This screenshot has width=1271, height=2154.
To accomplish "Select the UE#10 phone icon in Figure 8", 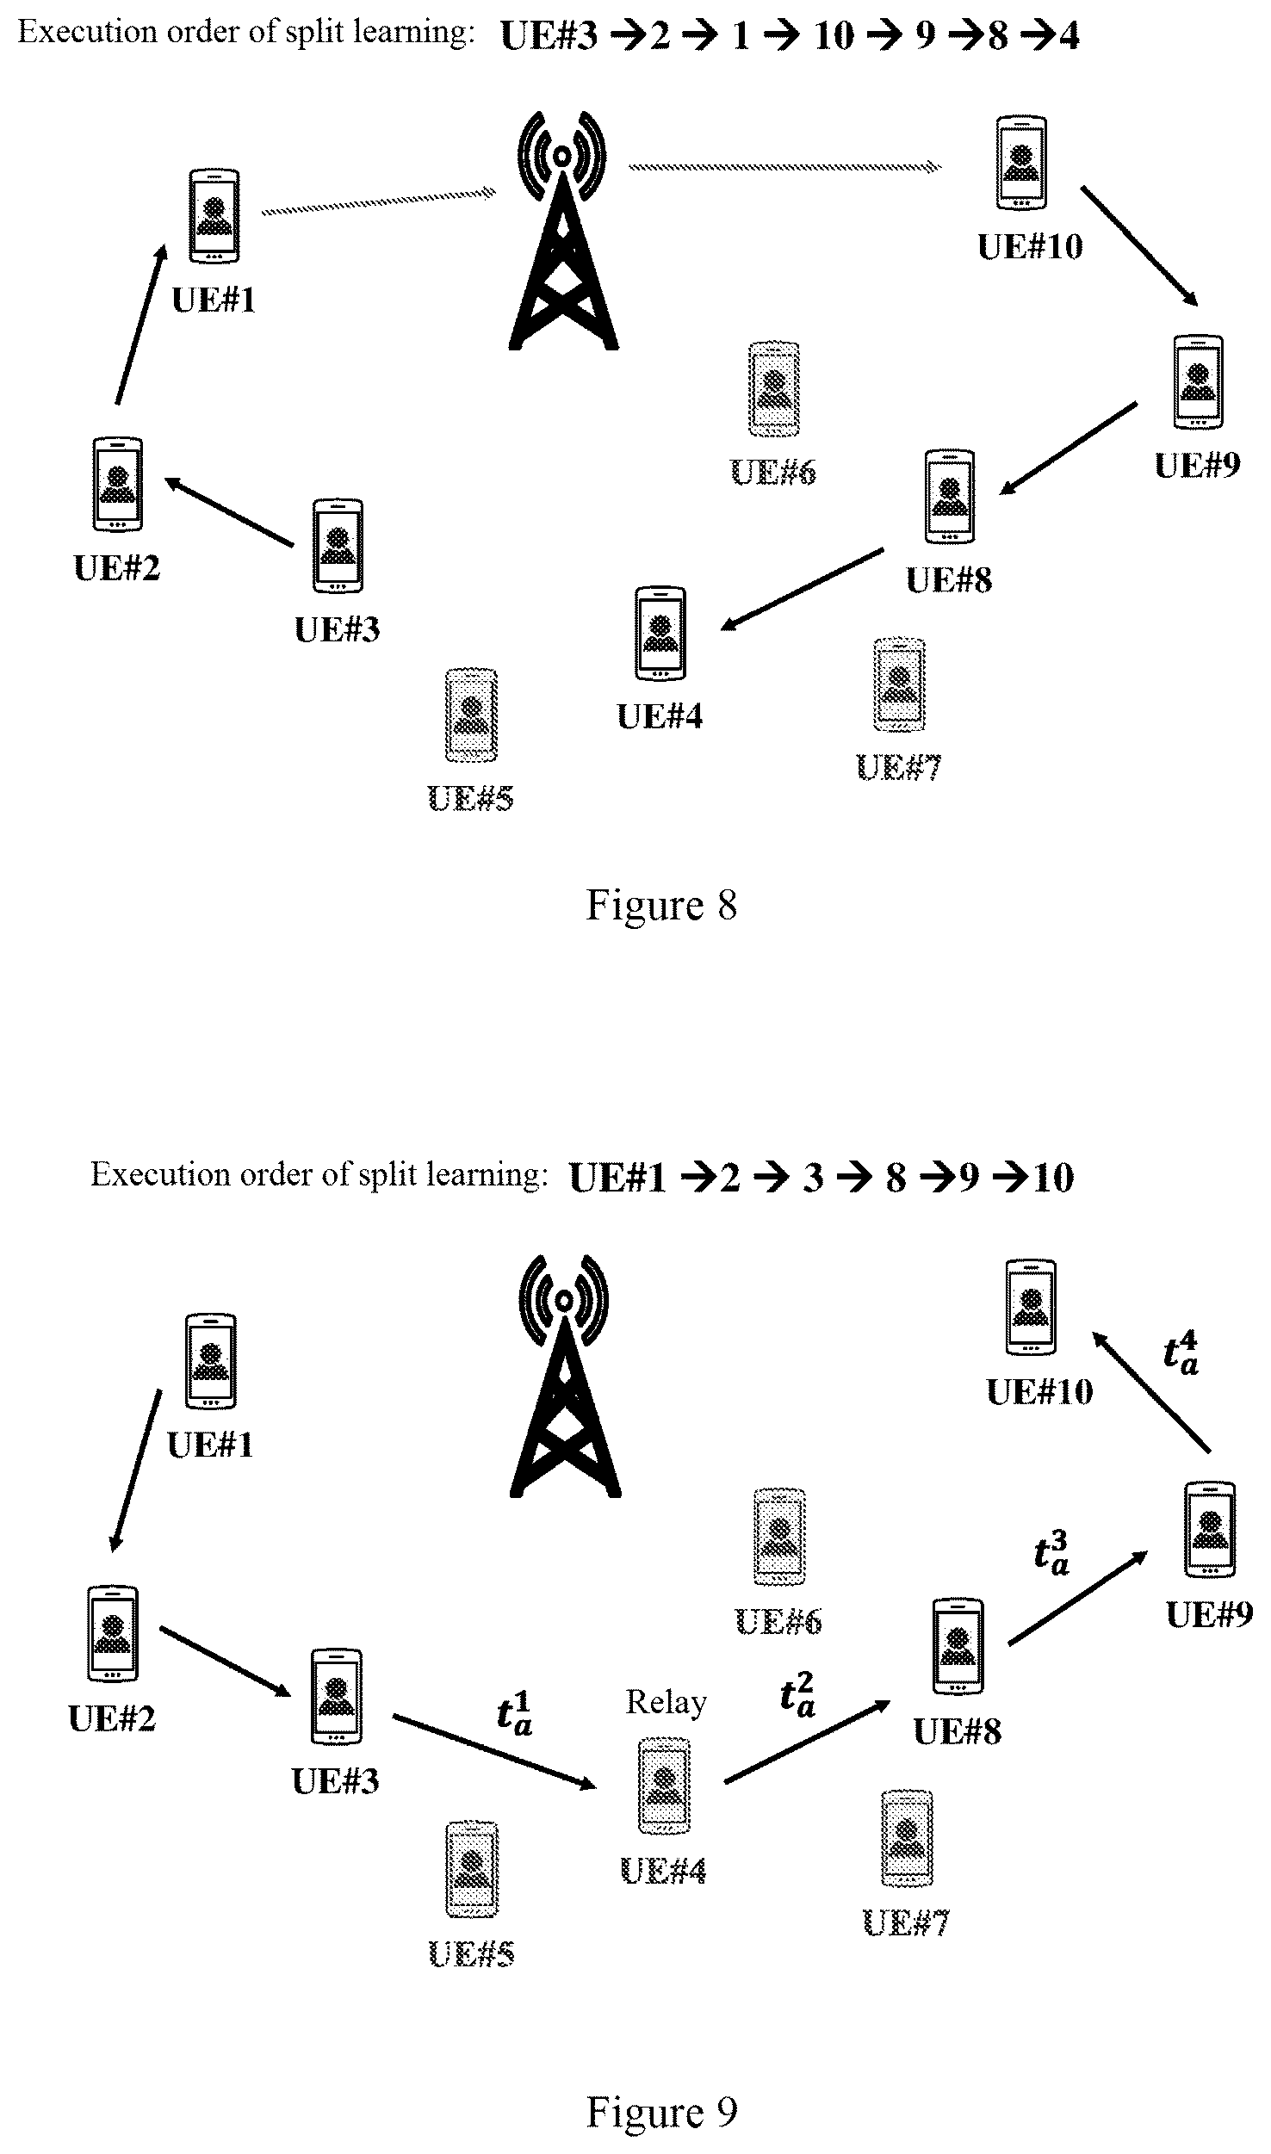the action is [x=1021, y=163].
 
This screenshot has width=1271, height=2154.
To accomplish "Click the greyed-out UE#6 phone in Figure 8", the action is [x=774, y=389].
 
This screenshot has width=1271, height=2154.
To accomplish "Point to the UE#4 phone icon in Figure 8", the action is [x=660, y=634].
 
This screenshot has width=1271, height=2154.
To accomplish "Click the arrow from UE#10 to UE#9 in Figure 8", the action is [x=1139, y=245].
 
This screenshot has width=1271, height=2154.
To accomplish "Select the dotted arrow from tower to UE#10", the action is [x=784, y=166].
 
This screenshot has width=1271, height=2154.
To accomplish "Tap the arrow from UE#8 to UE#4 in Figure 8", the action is [x=802, y=590].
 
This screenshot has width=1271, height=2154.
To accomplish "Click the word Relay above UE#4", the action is [x=666, y=1702].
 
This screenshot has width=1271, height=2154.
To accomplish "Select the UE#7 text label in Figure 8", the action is [x=899, y=767].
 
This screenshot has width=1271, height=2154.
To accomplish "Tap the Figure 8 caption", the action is [x=661, y=905].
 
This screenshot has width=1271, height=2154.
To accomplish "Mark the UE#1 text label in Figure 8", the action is [x=214, y=300].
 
